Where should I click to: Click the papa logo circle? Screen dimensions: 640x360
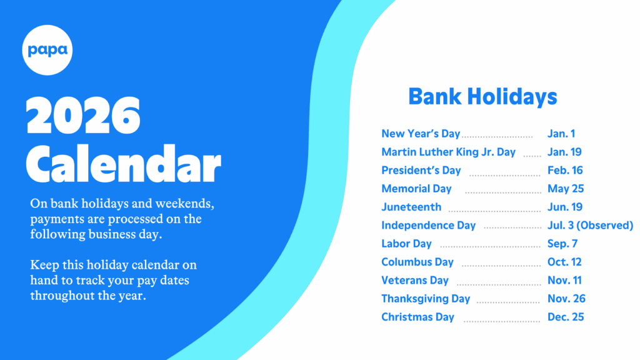point(47,50)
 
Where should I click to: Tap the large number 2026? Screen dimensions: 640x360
point(83,116)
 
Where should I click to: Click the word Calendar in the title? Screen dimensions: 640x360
point(123,163)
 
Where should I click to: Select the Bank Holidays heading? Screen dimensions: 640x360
point(483,97)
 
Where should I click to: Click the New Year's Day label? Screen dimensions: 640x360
point(421,134)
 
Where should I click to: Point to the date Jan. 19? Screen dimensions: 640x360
point(564,152)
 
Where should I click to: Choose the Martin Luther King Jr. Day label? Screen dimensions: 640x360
point(449,152)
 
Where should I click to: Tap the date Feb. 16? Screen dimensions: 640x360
point(565,170)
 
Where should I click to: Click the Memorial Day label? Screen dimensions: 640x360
point(417,189)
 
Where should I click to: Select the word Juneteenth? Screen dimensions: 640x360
point(411,207)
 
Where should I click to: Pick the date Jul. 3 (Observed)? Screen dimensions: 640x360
point(590,225)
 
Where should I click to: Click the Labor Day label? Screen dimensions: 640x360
point(406,244)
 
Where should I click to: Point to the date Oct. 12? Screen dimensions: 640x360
point(564,262)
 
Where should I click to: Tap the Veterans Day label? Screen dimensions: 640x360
point(415,281)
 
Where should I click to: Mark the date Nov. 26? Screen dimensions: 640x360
point(566,299)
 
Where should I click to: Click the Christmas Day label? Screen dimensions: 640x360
point(418,317)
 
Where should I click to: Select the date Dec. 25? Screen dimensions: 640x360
point(566,317)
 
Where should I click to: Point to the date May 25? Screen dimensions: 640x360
point(566,189)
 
